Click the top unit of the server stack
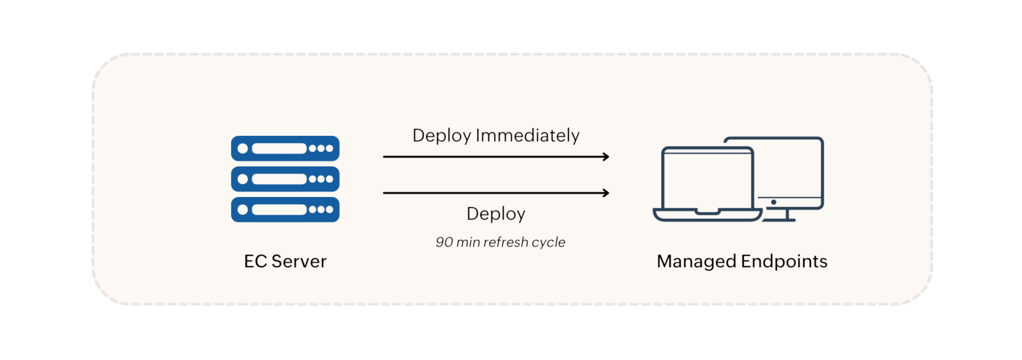[x=285, y=148]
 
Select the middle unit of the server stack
[x=285, y=179]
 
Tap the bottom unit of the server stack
[x=285, y=209]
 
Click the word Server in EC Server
[x=299, y=261]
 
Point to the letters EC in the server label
[x=255, y=261]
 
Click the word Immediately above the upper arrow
[x=528, y=135]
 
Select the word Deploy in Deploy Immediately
[x=441, y=136]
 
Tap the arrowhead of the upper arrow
[x=606, y=156]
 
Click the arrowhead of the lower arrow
[x=606, y=193]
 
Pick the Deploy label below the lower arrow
[x=495, y=214]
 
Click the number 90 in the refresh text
[x=444, y=242]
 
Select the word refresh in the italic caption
[x=505, y=242]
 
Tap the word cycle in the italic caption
[x=548, y=242]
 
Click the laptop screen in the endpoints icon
[x=707, y=179]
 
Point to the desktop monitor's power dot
[x=773, y=202]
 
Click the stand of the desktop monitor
[x=787, y=216]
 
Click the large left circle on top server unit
[x=242, y=148]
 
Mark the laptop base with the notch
[x=707, y=215]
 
